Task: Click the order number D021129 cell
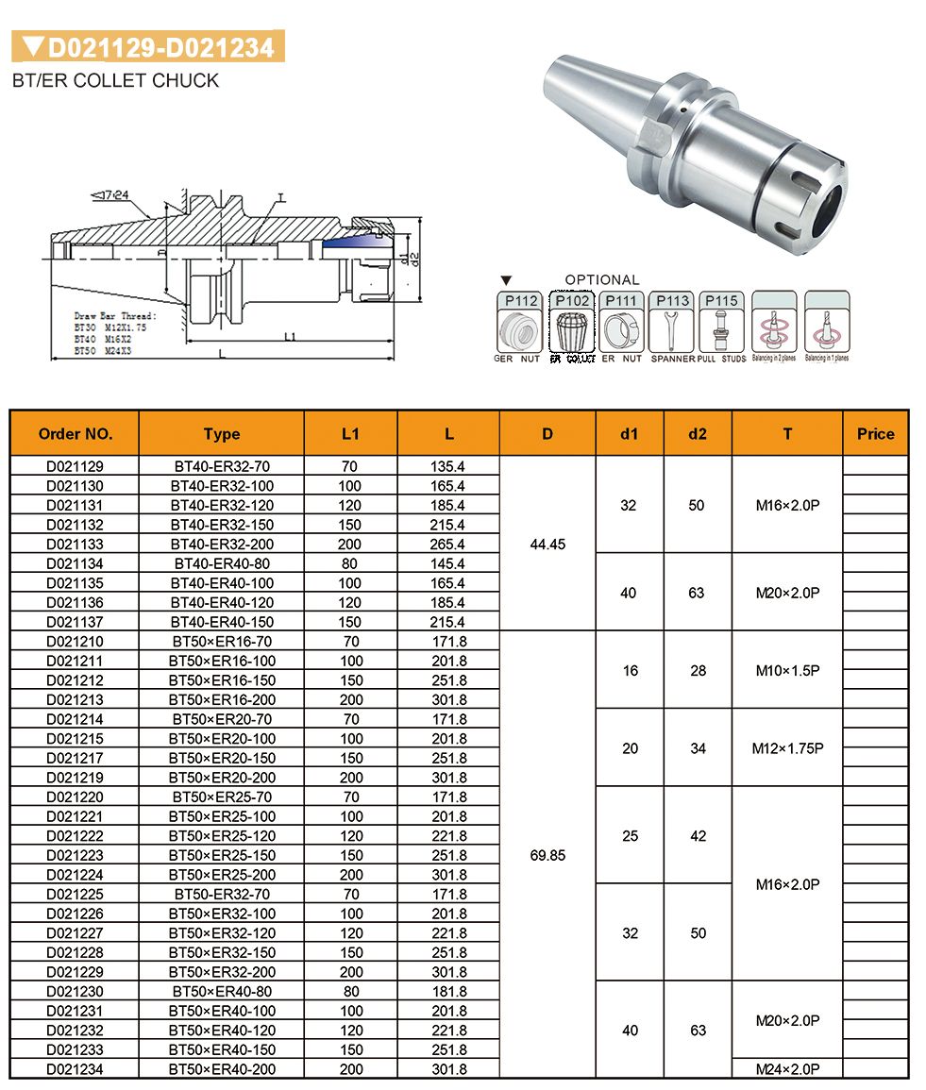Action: pos(75,466)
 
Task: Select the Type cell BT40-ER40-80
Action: pos(221,563)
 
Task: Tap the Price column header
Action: pos(875,434)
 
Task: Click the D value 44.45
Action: pos(547,544)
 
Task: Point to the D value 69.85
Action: pos(547,855)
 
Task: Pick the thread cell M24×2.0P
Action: pos(787,1069)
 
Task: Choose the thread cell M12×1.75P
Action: pos(787,748)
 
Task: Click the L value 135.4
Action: pos(448,466)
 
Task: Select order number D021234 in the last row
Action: pos(75,1069)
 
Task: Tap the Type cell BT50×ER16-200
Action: pos(221,700)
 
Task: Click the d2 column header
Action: pos(698,434)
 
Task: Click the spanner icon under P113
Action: pos(672,331)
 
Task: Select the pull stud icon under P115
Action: pos(721,331)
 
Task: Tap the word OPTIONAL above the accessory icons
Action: pos(601,280)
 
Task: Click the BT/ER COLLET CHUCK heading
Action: pos(115,80)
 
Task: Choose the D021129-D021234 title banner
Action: pos(148,46)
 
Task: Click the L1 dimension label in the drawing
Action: pos(290,337)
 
